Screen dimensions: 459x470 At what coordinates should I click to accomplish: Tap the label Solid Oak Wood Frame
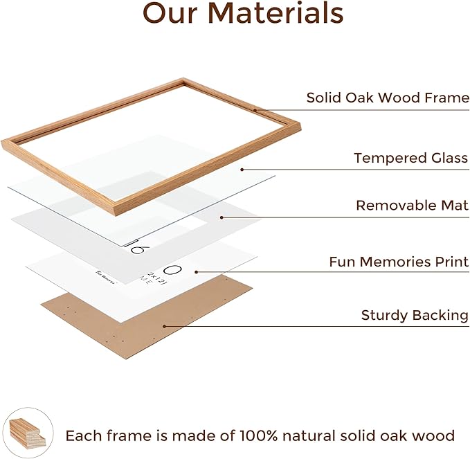pos(388,98)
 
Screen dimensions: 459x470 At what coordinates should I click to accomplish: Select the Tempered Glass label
pos(411,158)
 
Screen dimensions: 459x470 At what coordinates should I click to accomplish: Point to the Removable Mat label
pos(412,206)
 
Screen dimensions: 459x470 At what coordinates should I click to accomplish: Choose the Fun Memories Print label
pos(399,262)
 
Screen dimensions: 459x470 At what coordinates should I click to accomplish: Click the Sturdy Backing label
pos(415,316)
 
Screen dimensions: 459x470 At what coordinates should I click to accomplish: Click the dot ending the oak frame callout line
pos(255,109)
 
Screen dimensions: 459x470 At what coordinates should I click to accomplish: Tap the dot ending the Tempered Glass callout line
pos(242,169)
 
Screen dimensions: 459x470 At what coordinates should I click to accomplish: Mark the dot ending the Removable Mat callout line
pos(222,217)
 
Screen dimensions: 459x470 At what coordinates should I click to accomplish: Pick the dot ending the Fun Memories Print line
pos(197,272)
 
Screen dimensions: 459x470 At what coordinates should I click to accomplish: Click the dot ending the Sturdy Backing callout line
pos(164,326)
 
